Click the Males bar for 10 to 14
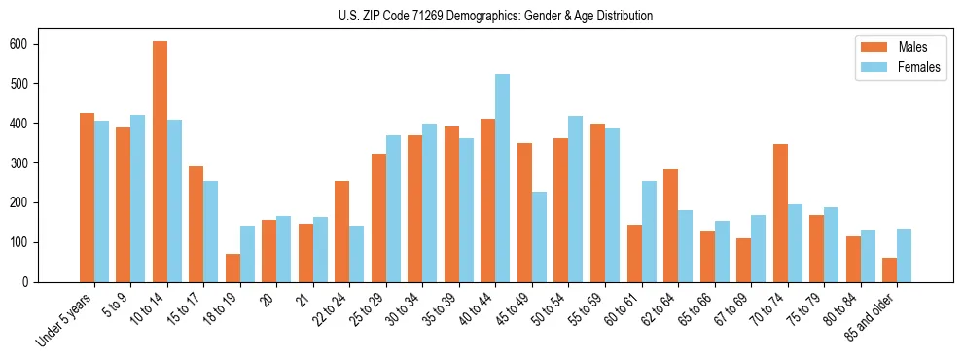tap(160, 162)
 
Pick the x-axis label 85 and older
tap(874, 316)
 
